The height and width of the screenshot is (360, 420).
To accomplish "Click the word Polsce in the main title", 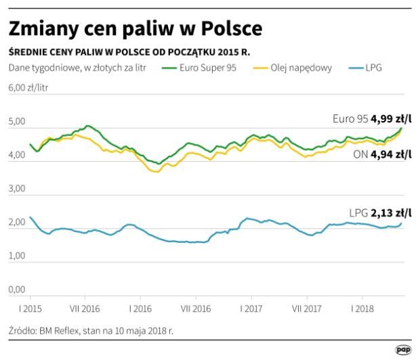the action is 232,28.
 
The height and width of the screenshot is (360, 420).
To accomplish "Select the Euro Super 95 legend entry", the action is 199,68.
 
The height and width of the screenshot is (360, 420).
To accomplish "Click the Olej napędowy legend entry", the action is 293,68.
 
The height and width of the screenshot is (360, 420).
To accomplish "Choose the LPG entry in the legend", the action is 365,68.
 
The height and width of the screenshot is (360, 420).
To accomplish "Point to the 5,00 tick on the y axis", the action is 17,121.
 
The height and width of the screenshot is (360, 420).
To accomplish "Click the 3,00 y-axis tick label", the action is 17,188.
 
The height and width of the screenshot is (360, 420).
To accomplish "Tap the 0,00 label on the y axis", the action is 17,290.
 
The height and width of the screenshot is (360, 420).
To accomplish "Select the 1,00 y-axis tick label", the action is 17,256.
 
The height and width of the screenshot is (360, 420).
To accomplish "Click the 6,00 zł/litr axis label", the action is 28,88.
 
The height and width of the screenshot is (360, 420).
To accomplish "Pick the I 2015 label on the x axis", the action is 30,309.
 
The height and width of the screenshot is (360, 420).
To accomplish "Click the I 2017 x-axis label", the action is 251,309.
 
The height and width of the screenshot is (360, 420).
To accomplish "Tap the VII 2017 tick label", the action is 307,309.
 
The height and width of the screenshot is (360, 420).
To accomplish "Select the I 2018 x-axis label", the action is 362,309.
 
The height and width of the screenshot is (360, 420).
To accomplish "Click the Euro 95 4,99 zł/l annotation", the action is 372,119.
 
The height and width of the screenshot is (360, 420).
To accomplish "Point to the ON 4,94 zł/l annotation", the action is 382,154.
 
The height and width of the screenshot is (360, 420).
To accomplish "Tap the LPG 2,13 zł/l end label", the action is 380,213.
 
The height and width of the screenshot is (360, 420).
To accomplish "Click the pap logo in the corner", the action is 403,350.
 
